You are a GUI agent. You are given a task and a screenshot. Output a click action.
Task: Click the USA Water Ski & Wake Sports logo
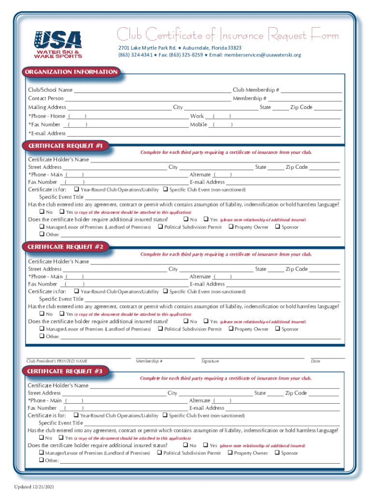[x=57, y=44]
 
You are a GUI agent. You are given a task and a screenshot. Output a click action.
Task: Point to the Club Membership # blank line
[x=312, y=90]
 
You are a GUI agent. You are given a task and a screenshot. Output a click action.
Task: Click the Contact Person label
[x=45, y=98]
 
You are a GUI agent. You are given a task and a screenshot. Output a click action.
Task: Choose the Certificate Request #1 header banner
[x=65, y=145]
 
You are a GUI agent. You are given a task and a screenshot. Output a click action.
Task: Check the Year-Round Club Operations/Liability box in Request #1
[x=76, y=190]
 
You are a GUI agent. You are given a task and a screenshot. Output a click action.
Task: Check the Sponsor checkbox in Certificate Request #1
[x=277, y=227]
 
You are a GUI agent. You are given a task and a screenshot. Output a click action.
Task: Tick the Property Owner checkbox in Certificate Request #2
[x=231, y=329]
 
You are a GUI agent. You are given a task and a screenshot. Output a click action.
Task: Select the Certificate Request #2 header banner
[x=65, y=247]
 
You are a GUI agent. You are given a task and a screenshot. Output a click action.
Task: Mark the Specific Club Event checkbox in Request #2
[x=165, y=291]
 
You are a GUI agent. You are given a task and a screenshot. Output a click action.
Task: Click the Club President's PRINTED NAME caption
[x=57, y=361]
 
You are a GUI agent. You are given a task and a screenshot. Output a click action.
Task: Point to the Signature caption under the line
[x=210, y=361]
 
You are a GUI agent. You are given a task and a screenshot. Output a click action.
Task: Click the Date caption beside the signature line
[x=315, y=361]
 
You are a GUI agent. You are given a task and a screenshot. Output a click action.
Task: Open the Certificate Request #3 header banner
[x=65, y=371]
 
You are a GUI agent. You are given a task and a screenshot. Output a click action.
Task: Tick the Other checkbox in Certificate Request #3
[x=41, y=461]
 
